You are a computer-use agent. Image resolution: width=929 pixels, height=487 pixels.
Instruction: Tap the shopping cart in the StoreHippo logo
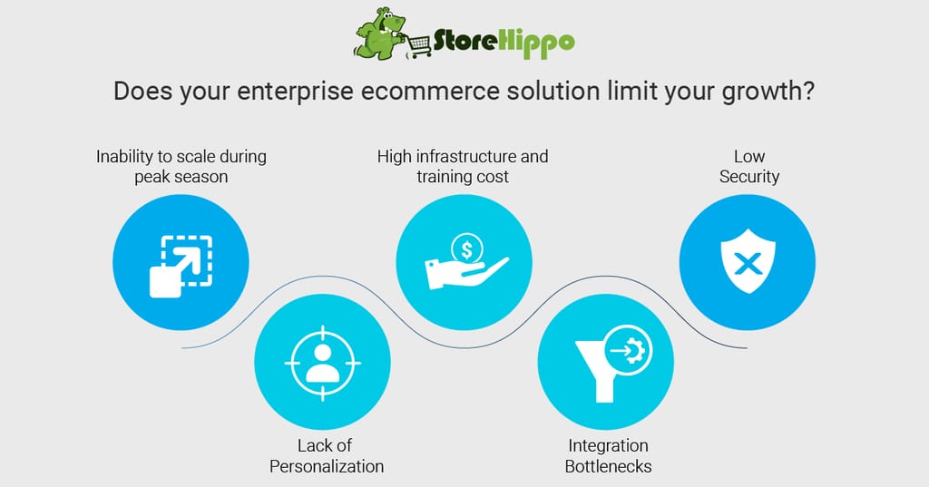click(419, 46)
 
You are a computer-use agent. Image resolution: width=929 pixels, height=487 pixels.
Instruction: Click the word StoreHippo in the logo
click(504, 42)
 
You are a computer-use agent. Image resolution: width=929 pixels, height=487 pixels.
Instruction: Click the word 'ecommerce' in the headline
click(424, 92)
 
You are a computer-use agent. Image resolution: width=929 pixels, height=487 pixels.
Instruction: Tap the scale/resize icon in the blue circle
click(181, 266)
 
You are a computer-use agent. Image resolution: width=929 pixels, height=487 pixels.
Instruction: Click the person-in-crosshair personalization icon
click(322, 363)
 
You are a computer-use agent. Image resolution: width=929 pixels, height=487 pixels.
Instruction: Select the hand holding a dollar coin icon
click(466, 261)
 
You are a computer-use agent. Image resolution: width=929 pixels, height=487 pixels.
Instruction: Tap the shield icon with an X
click(748, 261)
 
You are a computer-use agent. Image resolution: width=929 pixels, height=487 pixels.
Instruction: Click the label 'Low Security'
click(748, 167)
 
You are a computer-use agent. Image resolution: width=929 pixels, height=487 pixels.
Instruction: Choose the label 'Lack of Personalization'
click(326, 455)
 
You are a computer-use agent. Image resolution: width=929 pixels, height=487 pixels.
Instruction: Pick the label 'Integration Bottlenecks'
click(608, 455)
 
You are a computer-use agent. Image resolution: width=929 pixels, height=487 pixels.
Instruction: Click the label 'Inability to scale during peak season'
click(181, 167)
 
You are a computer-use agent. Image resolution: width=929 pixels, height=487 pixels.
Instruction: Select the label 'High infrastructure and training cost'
click(463, 167)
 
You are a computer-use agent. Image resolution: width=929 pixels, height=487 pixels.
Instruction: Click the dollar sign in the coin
click(467, 250)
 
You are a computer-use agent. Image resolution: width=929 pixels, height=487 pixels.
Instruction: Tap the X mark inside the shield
click(748, 263)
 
